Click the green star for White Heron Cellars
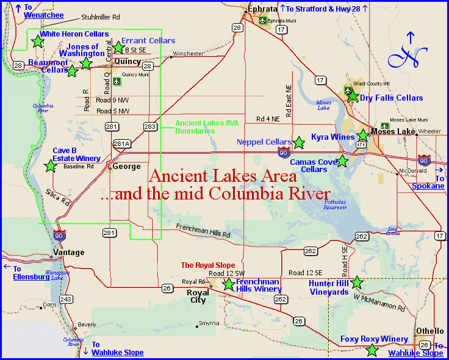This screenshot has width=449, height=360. click(x=37, y=41)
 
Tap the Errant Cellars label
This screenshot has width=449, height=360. click(x=148, y=41)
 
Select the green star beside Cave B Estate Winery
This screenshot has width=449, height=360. click(x=51, y=165)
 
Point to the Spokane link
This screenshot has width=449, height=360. click(x=428, y=186)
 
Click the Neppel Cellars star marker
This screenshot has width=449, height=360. click(x=299, y=143)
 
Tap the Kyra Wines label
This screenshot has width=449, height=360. click(x=332, y=137)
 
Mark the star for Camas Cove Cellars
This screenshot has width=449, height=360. click(x=342, y=161)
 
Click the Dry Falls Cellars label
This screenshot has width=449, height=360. click(x=391, y=98)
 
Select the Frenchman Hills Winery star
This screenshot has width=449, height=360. click(x=228, y=284)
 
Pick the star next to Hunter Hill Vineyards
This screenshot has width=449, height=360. click(x=357, y=283)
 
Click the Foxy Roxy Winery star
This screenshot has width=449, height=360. click(x=372, y=350)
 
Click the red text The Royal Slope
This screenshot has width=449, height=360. click(x=208, y=265)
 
